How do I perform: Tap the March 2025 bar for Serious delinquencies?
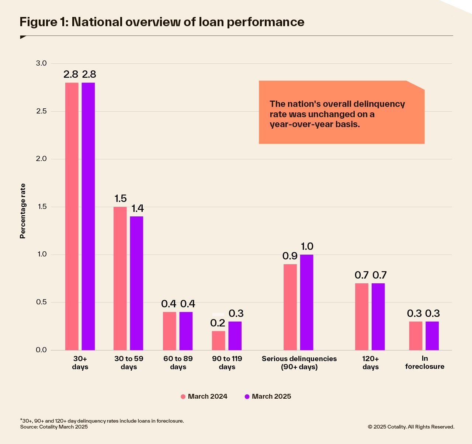pyautogui.click(x=306, y=302)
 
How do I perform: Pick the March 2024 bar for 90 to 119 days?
pyautogui.click(x=218, y=340)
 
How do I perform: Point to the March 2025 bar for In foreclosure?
pyautogui.click(x=432, y=336)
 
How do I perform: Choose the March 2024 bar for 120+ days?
pyautogui.click(x=362, y=317)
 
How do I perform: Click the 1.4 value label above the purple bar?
pyautogui.click(x=138, y=209)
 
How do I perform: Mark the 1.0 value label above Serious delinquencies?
pyautogui.click(x=307, y=247)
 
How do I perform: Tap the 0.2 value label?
pyautogui.click(x=218, y=323)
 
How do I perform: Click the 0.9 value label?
pyautogui.click(x=290, y=256)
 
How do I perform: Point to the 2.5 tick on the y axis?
pyautogui.click(x=41, y=111)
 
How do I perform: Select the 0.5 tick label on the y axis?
pyautogui.click(x=41, y=302)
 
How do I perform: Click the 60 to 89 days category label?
pyautogui.click(x=178, y=363)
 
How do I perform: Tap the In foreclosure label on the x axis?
pyautogui.click(x=425, y=362)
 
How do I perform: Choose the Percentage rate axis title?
pyautogui.click(x=23, y=211)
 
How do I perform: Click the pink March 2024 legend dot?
pyautogui.click(x=183, y=397)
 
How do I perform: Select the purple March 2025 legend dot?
pyautogui.click(x=247, y=397)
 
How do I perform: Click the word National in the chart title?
pyautogui.click(x=97, y=22)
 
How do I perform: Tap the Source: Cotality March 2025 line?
pyautogui.click(x=54, y=427)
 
